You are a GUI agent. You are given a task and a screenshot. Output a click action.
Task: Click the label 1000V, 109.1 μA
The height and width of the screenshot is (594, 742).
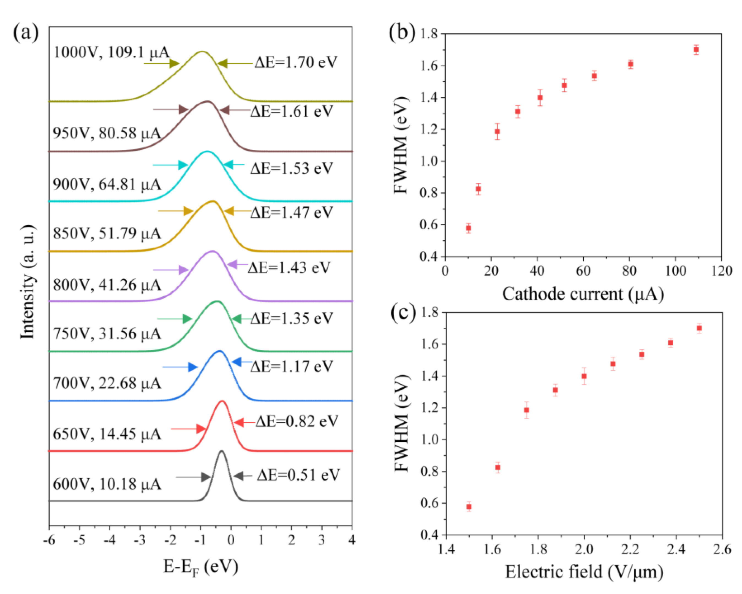click(x=111, y=53)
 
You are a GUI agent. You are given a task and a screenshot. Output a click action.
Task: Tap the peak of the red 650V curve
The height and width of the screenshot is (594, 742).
click(x=222, y=401)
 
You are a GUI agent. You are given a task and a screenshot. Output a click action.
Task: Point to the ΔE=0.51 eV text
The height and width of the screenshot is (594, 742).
click(x=298, y=475)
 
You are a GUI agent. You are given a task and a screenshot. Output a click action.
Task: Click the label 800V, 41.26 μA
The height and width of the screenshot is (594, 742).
click(x=107, y=285)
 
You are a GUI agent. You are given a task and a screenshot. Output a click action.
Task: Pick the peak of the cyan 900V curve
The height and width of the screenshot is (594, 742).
click(x=207, y=151)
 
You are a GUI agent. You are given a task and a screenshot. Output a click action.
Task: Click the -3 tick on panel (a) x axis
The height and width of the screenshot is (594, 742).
click(x=140, y=540)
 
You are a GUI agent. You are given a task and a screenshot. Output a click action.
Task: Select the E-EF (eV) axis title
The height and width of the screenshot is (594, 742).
click(x=200, y=567)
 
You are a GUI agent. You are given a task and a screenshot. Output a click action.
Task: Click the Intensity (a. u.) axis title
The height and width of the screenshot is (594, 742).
click(x=28, y=282)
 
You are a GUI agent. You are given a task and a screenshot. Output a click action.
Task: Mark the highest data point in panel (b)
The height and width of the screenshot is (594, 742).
click(x=696, y=50)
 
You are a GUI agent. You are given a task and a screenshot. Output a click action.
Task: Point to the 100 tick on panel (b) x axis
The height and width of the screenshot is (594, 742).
click(x=675, y=271)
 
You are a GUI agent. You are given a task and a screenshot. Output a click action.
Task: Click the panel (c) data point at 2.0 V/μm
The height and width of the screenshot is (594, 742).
click(x=584, y=376)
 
